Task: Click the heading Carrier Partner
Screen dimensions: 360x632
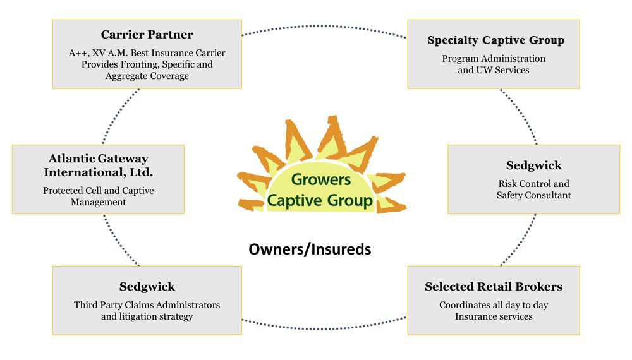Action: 147,35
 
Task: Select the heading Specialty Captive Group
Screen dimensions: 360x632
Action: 495,40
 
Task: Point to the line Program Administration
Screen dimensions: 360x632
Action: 494,59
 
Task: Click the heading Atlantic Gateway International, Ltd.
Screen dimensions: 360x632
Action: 98,165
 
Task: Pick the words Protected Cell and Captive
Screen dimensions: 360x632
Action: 98,191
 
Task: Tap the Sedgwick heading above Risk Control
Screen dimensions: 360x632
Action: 533,165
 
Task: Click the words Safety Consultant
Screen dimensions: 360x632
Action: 533,196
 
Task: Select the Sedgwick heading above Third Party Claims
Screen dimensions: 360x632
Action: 147,287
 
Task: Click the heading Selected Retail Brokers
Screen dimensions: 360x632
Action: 494,287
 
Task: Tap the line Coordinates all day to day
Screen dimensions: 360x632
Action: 494,305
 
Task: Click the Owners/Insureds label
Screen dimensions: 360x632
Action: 310,249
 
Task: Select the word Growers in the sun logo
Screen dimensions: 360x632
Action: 321,180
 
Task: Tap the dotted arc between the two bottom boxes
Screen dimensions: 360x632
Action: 324,327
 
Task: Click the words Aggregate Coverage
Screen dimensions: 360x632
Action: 147,76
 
